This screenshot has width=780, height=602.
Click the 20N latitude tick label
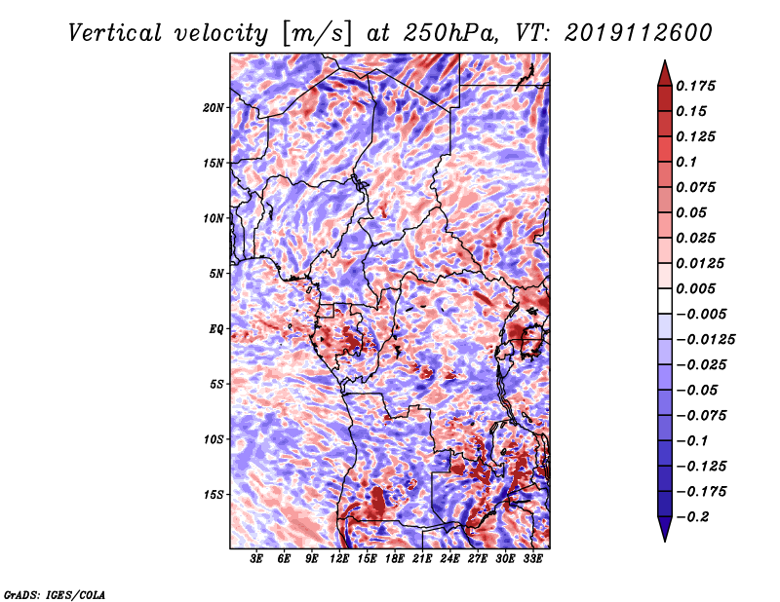coord(213,108)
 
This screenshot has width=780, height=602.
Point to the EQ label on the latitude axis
coord(215,329)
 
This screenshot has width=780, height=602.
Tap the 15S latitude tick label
coord(213,495)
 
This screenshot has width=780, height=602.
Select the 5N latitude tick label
coord(215,274)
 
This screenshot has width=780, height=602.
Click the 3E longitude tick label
coord(256,559)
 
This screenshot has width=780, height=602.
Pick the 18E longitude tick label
coord(395,559)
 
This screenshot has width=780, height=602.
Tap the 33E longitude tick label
coord(532,559)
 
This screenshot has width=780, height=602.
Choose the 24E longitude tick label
coord(449,559)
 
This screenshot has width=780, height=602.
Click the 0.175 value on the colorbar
coord(695,86)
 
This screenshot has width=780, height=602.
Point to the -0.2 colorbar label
coord(692,517)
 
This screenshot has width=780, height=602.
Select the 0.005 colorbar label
coord(695,288)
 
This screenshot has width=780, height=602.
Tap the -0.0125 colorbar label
coord(705,340)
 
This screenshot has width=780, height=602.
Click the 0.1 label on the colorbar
coord(686,162)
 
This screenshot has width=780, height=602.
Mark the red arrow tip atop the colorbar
coord(665,61)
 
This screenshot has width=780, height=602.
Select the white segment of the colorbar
coord(665,301)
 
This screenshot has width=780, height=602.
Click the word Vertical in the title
coord(115,33)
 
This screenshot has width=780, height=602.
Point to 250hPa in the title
coord(450,33)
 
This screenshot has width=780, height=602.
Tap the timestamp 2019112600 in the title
coord(639,33)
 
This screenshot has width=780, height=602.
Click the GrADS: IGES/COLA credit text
coord(55,594)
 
